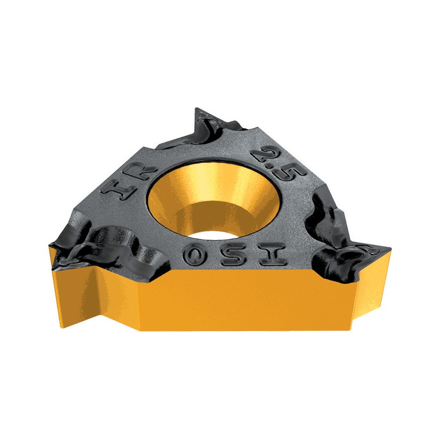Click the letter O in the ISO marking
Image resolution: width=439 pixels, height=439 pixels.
(194, 254)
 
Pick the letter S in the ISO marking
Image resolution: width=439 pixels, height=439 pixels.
(232, 255)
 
